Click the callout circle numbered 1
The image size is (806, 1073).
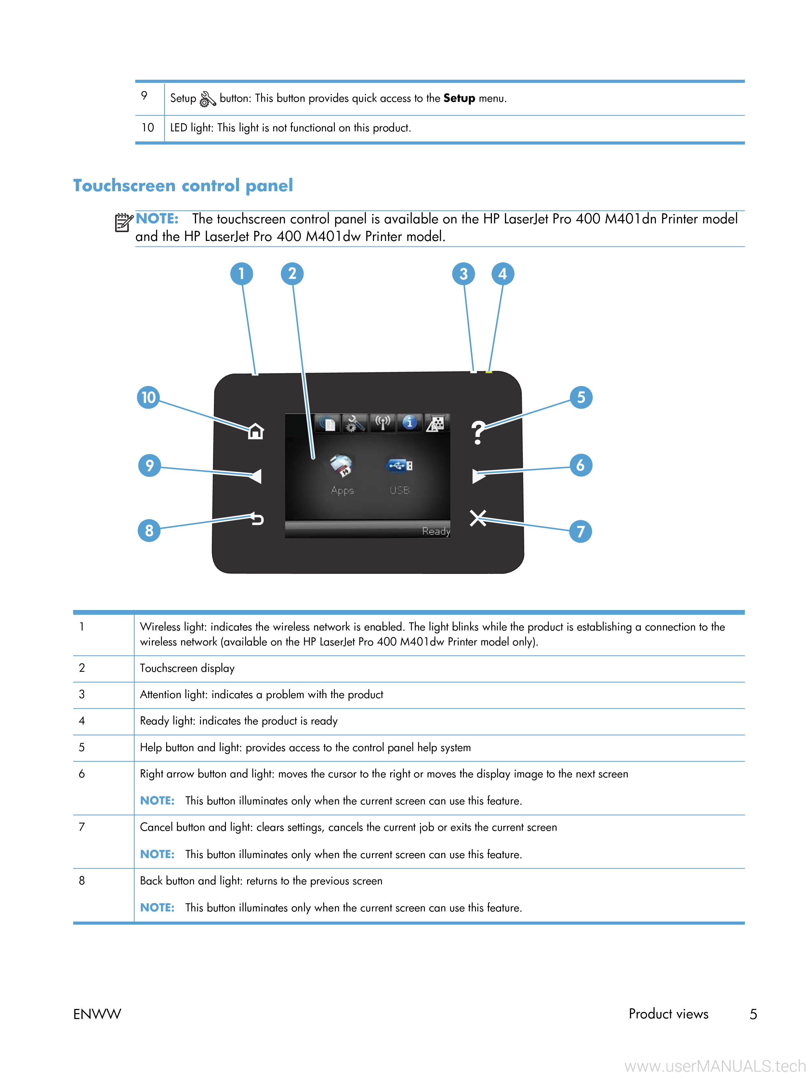242,273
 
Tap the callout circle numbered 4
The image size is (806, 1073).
502,273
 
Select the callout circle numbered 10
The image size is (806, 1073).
148,397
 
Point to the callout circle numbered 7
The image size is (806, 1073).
580,531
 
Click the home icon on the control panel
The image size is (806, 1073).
256,431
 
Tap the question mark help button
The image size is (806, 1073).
478,432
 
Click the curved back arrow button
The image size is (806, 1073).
257,519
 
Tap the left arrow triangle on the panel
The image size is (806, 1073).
255,476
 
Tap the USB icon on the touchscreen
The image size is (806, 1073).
399,466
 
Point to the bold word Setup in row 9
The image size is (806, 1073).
459,99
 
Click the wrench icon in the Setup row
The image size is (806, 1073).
207,99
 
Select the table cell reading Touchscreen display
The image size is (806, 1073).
187,669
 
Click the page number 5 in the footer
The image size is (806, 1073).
753,1014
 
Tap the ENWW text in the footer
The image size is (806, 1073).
97,1014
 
